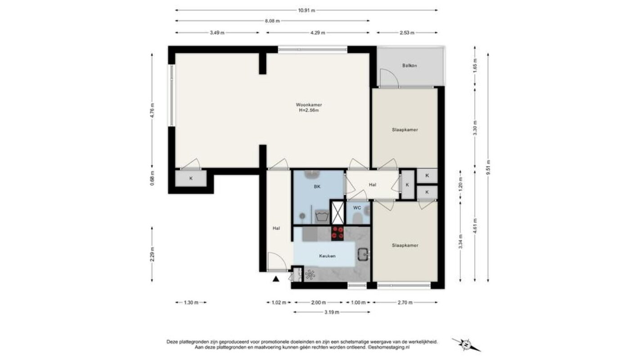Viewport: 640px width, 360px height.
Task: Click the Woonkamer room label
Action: pyautogui.click(x=309, y=104)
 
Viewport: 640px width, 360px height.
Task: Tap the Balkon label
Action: pyautogui.click(x=410, y=65)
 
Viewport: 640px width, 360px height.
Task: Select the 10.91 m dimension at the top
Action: pyautogui.click(x=306, y=10)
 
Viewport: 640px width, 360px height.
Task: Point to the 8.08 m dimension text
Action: pyautogui.click(x=272, y=21)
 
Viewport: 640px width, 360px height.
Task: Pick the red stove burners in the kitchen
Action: pyautogui.click(x=338, y=233)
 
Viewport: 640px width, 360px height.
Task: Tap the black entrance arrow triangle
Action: pyautogui.click(x=276, y=279)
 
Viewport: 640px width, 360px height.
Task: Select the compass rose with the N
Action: pyautogui.click(x=466, y=345)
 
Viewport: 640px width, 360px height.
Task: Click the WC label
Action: pyautogui.click(x=357, y=208)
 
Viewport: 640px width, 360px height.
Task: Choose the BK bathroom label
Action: pyautogui.click(x=317, y=187)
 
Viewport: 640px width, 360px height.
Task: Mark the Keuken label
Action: pyautogui.click(x=327, y=256)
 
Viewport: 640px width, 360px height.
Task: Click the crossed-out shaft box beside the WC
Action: pyautogui.click(x=338, y=212)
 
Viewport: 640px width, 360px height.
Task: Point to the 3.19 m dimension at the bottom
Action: pyautogui.click(x=332, y=312)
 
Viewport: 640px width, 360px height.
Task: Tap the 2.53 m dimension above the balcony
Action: pyautogui.click(x=407, y=33)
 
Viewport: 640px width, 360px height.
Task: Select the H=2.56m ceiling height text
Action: pyautogui.click(x=309, y=110)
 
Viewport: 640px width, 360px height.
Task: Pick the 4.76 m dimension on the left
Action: pyautogui.click(x=152, y=111)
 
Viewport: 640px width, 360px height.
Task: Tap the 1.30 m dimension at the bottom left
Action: pyautogui.click(x=191, y=302)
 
